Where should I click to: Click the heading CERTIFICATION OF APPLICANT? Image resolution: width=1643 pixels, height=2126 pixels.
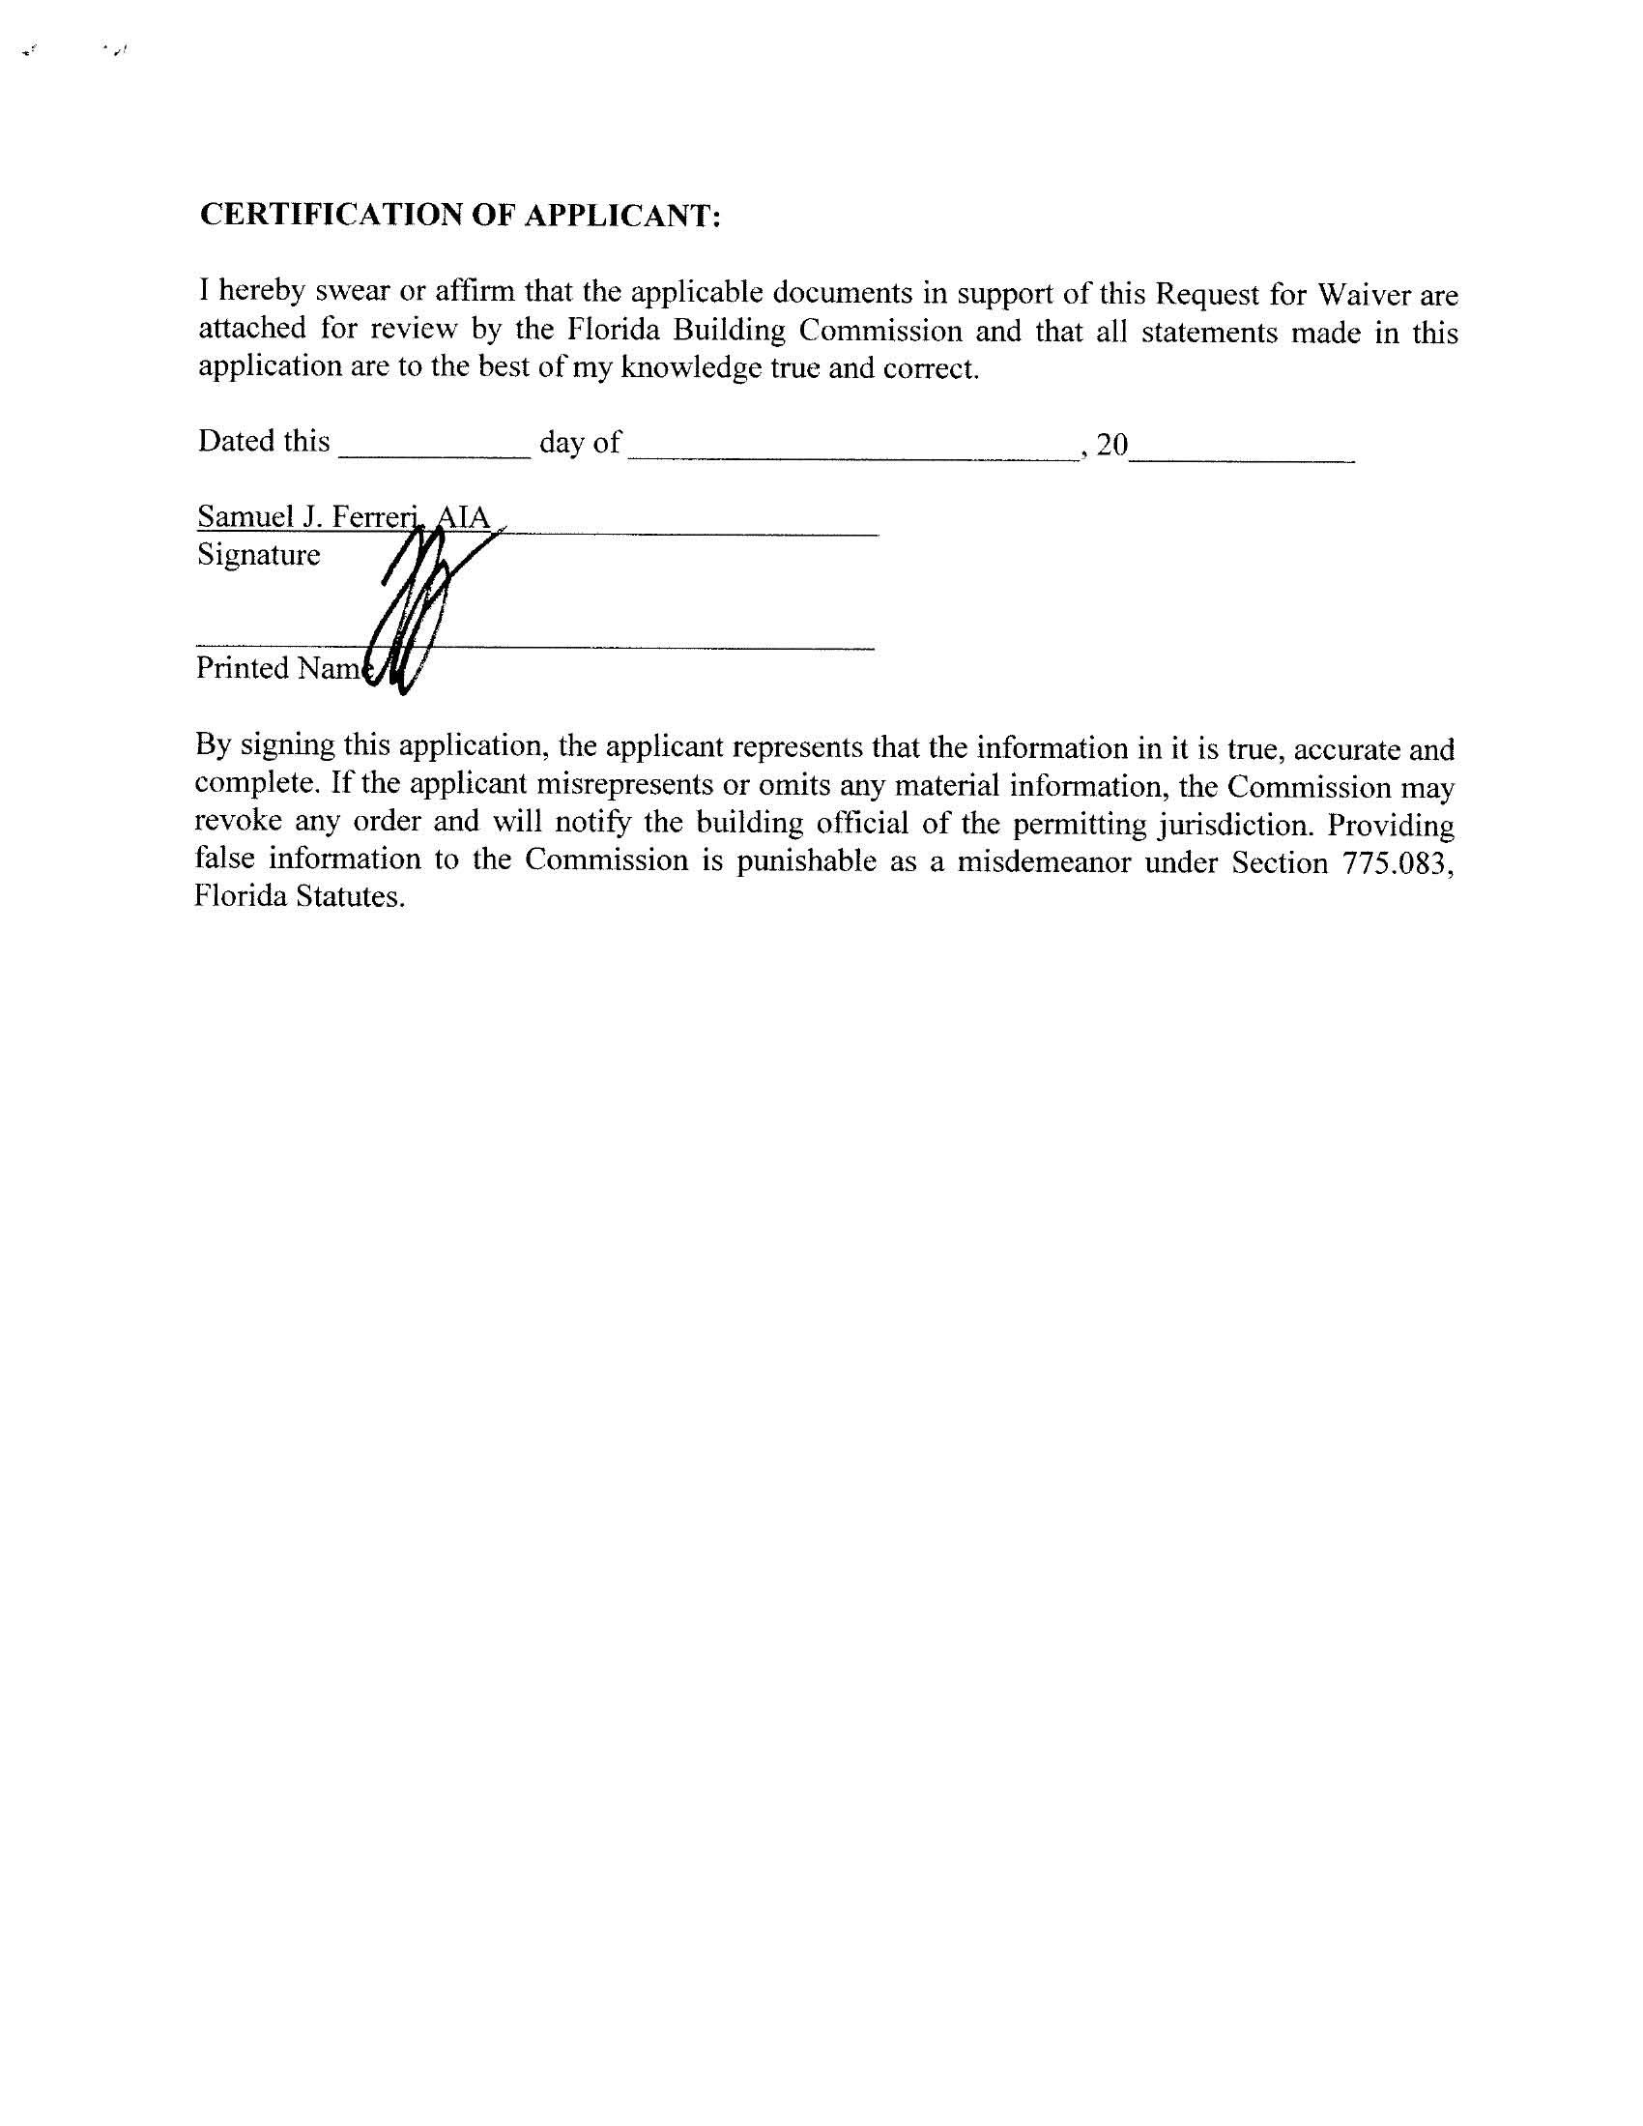click(459, 216)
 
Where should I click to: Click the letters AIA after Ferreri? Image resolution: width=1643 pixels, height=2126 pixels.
click(462, 517)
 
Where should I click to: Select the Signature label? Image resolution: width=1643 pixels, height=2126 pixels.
click(259, 555)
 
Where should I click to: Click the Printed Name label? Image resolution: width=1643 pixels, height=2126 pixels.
click(278, 668)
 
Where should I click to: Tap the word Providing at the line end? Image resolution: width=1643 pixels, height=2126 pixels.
click(1391, 826)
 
